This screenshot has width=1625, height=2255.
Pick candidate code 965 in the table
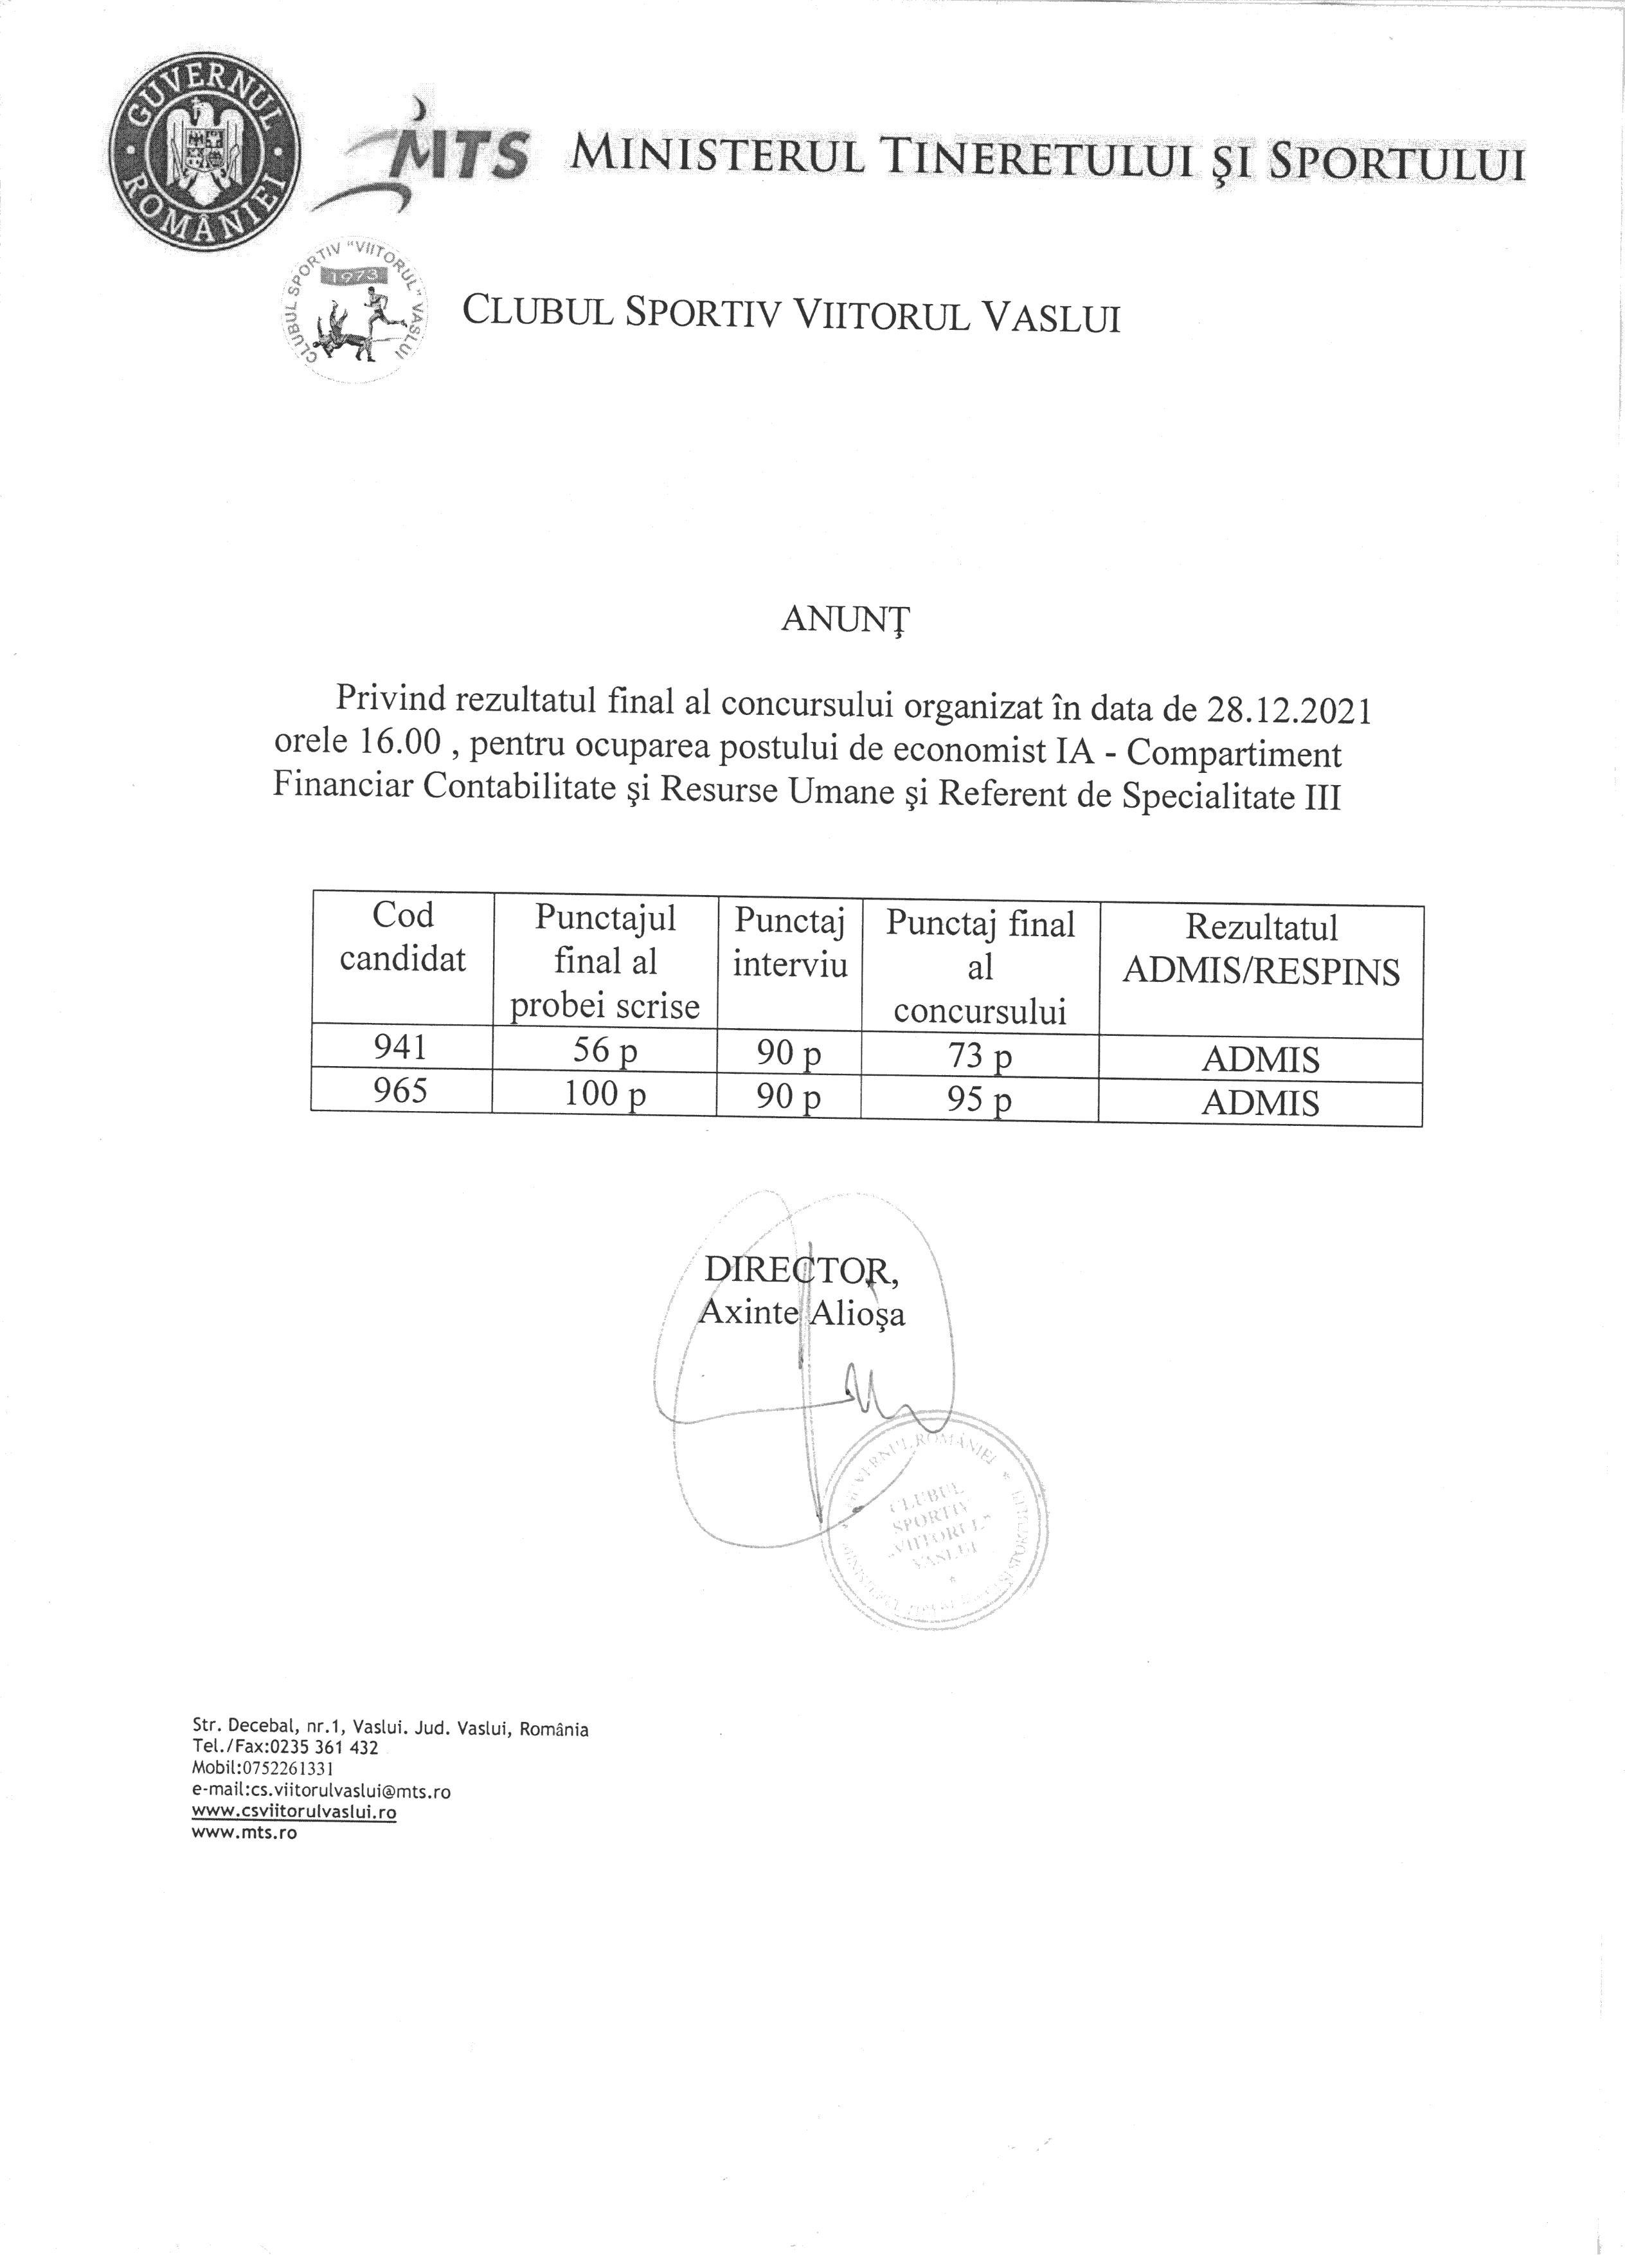pos(400,1091)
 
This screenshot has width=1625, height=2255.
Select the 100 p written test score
pos(604,1094)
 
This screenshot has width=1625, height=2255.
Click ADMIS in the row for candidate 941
pos(1261,1060)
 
